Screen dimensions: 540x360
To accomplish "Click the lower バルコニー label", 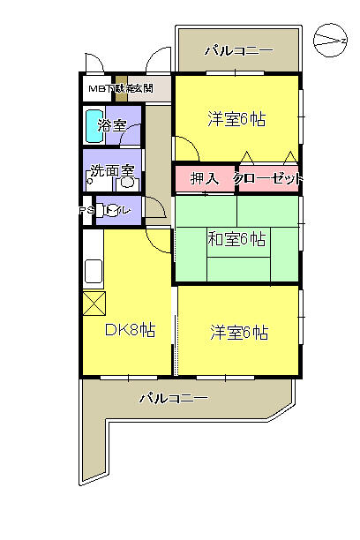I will (x=173, y=399).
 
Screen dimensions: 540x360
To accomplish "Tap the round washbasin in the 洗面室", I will (x=126, y=184).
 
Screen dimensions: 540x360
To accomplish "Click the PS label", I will (x=86, y=211).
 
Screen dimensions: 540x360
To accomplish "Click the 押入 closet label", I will (x=204, y=178).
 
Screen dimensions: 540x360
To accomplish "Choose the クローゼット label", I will (x=268, y=178).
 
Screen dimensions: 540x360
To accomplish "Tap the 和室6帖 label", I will (x=237, y=238).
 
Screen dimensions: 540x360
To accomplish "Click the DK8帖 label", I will (x=130, y=331).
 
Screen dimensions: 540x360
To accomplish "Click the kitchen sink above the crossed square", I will (x=94, y=272).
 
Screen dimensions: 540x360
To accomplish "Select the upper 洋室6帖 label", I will (x=237, y=119).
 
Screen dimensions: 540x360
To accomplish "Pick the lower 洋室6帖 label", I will (x=239, y=333).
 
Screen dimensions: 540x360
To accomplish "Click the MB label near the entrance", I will (x=95, y=88).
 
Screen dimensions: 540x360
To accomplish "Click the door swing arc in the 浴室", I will (x=132, y=132).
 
